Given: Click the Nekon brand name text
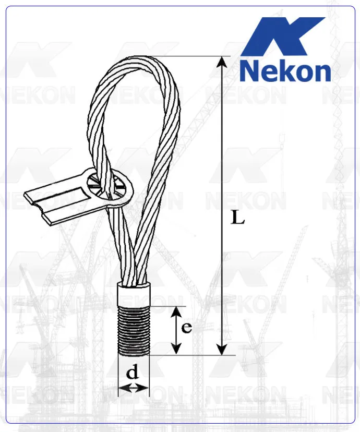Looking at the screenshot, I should pyautogui.click(x=285, y=71).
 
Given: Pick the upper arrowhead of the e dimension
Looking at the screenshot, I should pyautogui.click(x=177, y=311).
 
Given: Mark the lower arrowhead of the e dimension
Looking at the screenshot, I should pyautogui.click(x=177, y=350).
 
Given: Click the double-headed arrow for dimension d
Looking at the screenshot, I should pyautogui.click(x=134, y=388).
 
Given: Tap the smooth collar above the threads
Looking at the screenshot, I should pyautogui.click(x=134, y=295).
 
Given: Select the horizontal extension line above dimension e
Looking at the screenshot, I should pyautogui.click(x=167, y=306).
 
